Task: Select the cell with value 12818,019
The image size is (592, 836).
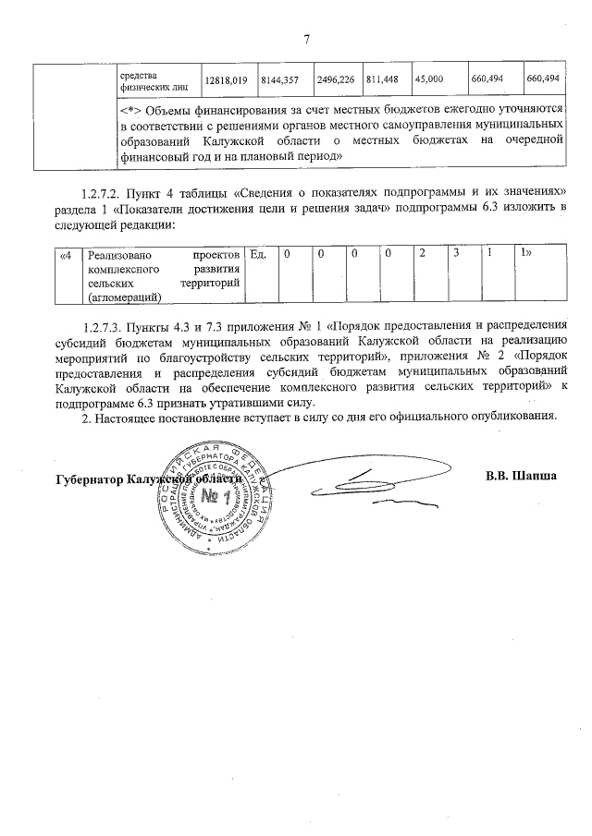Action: tap(225, 80)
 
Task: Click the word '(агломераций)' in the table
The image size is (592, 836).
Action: tap(122, 297)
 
